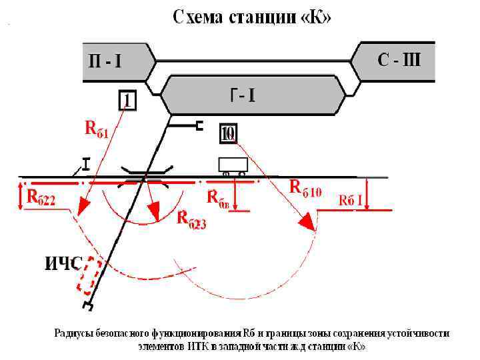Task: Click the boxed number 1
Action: tap(128, 101)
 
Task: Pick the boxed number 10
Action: tap(228, 133)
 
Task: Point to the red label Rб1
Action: tap(97, 128)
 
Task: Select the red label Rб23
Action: tap(192, 219)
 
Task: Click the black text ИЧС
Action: tap(63, 264)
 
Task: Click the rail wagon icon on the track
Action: tap(233, 165)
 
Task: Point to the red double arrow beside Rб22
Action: tap(21, 196)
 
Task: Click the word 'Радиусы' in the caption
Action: tap(75, 333)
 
